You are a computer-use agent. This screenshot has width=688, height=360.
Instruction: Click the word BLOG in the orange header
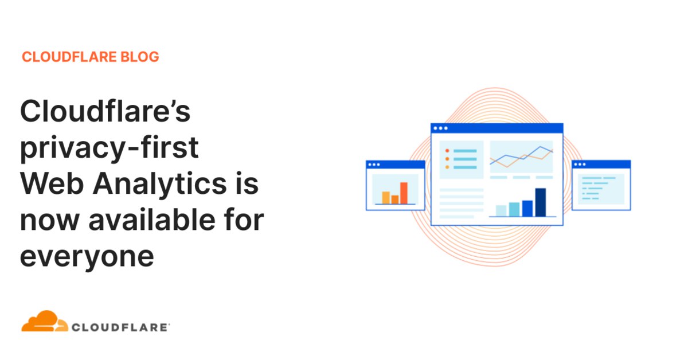coord(140,57)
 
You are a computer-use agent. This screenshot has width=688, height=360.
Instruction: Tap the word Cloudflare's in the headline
coord(105,111)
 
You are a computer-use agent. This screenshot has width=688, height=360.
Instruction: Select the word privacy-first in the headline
coord(110,148)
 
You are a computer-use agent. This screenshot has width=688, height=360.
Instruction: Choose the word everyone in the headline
coord(87,257)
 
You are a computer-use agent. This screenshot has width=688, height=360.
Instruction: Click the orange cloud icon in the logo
coord(45,321)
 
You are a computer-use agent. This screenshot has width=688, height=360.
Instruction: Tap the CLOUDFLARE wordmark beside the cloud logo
coord(120,327)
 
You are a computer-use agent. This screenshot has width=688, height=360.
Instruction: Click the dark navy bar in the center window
coord(541,202)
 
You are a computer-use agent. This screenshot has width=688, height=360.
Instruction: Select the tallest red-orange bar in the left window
coord(404,193)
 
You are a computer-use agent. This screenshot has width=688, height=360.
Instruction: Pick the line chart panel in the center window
coord(521,156)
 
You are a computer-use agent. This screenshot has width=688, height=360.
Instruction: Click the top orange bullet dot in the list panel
coord(447,151)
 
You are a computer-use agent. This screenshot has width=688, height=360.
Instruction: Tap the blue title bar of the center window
coord(497,128)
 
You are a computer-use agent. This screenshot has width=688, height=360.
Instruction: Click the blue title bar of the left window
coord(396,165)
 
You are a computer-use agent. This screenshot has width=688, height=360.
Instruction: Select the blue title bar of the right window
coord(601,165)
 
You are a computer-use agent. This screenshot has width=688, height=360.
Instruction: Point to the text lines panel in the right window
coord(601,189)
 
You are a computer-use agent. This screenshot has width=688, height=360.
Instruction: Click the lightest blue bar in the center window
coord(501,211)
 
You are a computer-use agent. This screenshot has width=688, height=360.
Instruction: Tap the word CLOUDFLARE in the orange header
coord(69,57)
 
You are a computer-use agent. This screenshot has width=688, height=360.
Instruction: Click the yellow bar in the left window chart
coord(386,198)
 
